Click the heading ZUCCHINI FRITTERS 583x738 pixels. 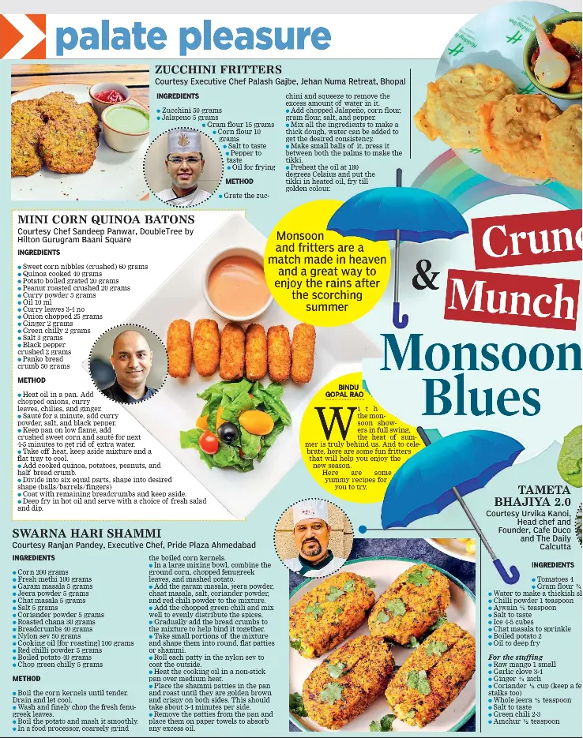(x=218, y=70)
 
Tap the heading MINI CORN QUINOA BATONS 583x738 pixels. (x=106, y=219)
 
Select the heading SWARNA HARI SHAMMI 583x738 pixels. (x=86, y=534)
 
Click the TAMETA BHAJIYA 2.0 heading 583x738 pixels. (x=532, y=496)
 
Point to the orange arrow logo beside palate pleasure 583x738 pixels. (x=22, y=36)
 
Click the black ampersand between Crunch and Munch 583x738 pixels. (x=427, y=276)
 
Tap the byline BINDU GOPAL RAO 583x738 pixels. (x=344, y=390)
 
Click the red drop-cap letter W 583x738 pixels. (x=329, y=421)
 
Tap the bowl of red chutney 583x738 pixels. (x=110, y=97)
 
